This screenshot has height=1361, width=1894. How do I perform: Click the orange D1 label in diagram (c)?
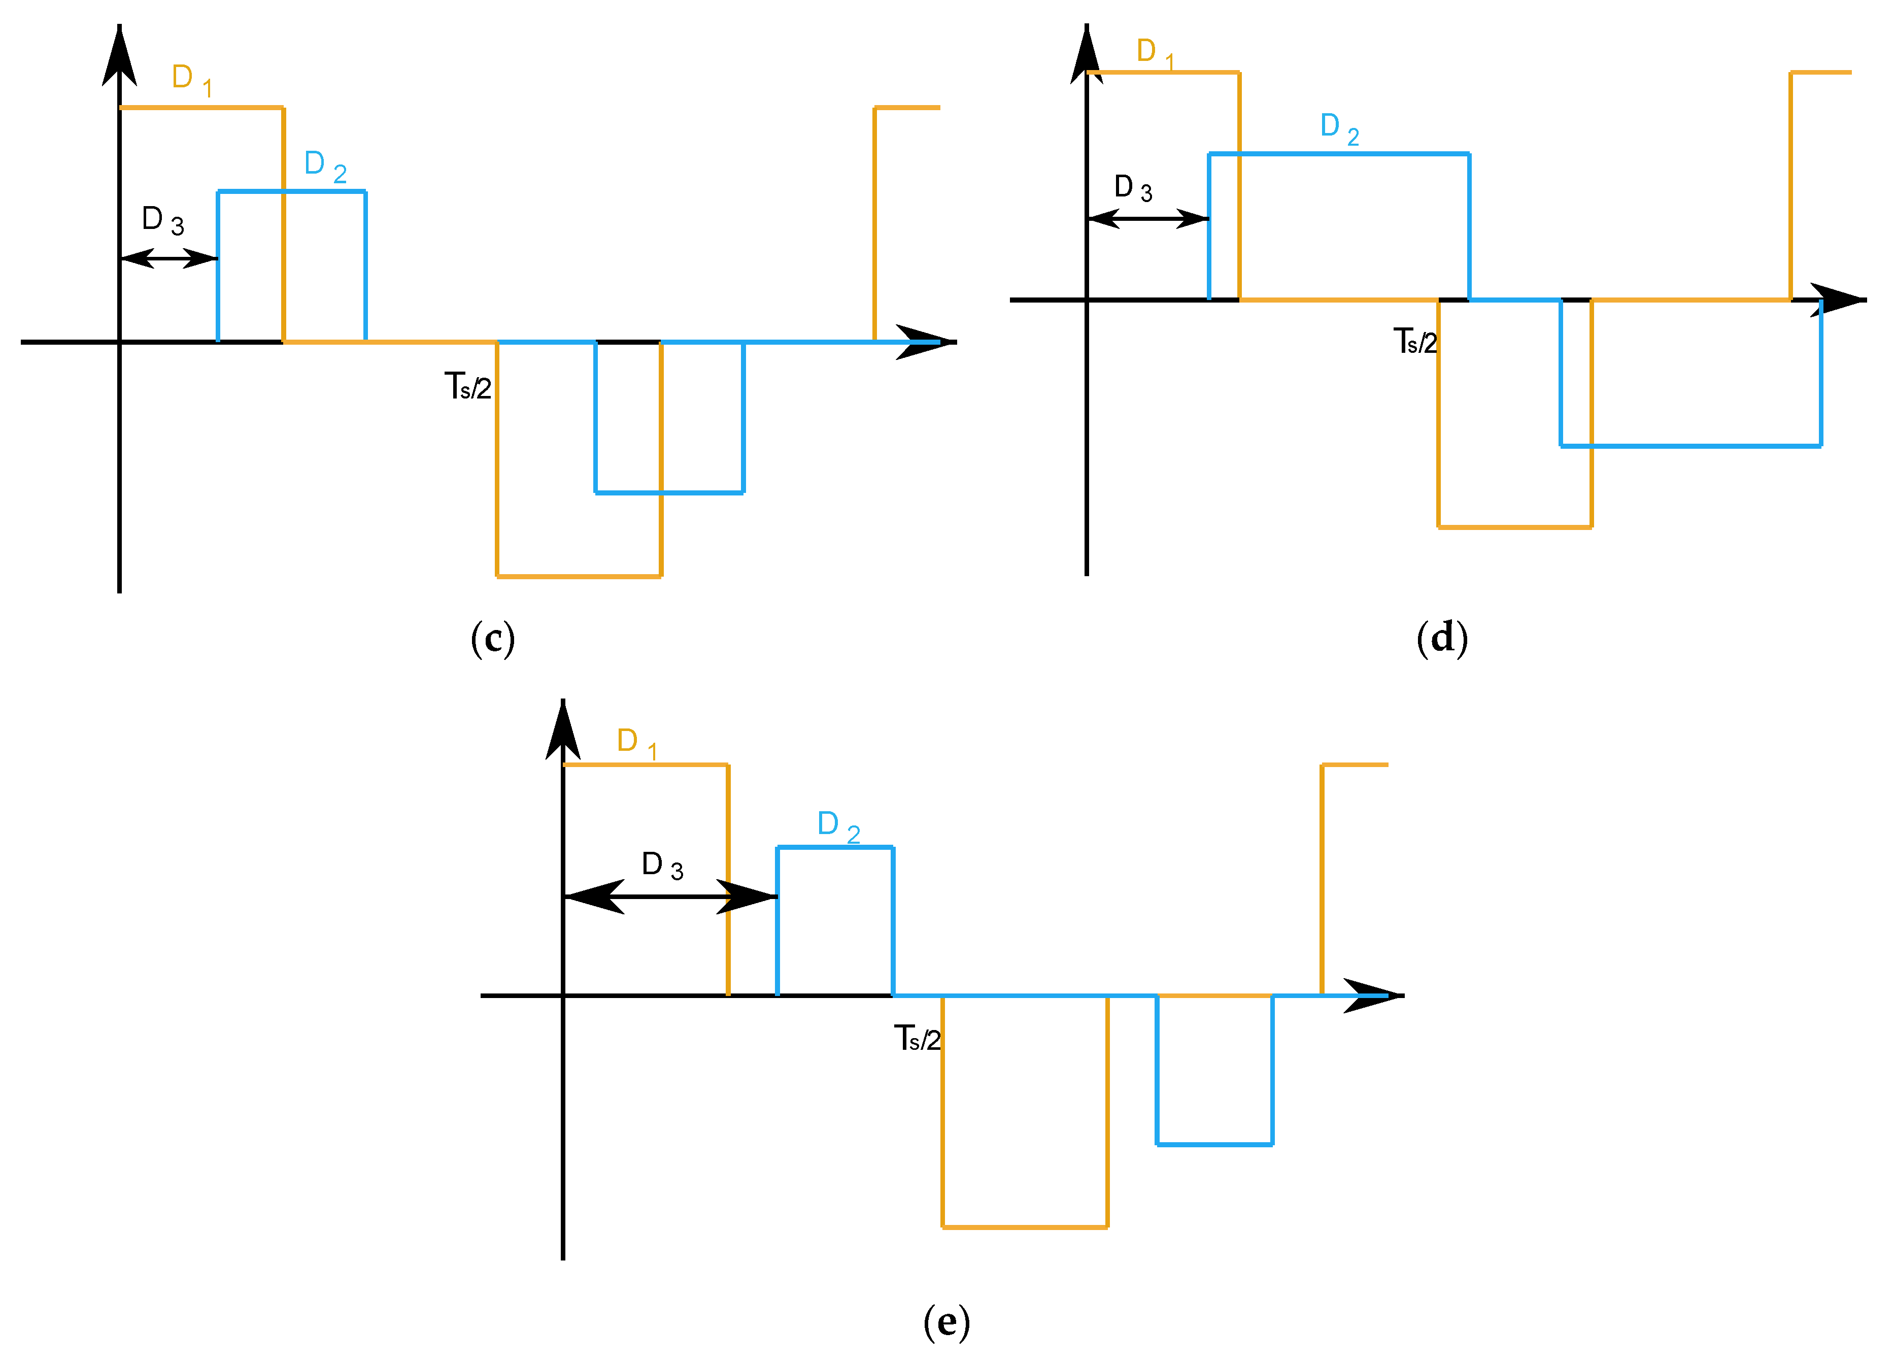(191, 79)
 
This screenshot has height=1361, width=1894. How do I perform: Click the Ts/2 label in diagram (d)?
(1414, 341)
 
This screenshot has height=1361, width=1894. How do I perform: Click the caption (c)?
(493, 639)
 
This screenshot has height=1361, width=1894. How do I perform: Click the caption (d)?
(1442, 639)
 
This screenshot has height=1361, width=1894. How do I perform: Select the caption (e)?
(946, 1322)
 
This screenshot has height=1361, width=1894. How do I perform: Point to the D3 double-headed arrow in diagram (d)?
(1148, 219)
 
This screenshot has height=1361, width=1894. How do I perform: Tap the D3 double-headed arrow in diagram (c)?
(168, 258)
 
